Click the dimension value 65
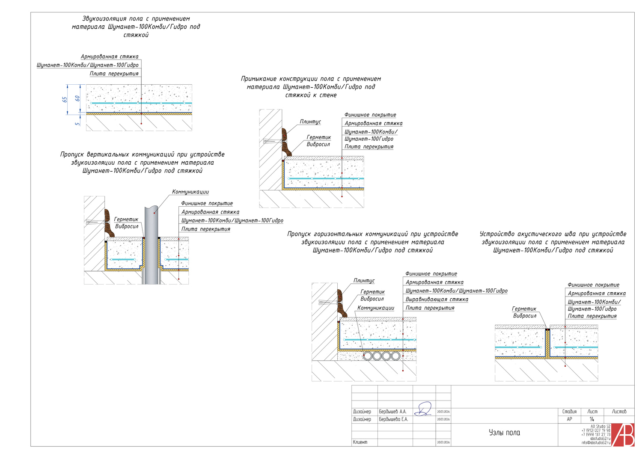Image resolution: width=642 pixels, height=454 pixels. pyautogui.click(x=65, y=99)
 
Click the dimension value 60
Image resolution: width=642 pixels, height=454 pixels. pyautogui.click(x=77, y=98)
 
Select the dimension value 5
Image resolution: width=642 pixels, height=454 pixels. pyautogui.click(x=77, y=124)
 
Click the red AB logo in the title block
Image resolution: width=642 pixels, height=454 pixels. pyautogui.click(x=623, y=435)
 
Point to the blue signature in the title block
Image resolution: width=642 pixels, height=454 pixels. pyautogui.click(x=424, y=409)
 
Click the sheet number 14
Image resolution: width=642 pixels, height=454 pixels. pyautogui.click(x=591, y=419)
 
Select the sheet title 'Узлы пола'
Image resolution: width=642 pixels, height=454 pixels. pyautogui.click(x=504, y=433)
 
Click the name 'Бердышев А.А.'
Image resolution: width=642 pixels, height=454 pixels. pyautogui.click(x=392, y=412)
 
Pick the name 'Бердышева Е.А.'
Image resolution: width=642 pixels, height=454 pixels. pyautogui.click(x=393, y=419)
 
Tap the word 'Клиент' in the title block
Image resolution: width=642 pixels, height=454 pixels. pyautogui.click(x=360, y=442)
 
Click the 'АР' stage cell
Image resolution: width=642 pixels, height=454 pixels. pyautogui.click(x=569, y=419)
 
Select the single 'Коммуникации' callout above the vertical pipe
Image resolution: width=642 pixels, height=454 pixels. pyautogui.click(x=190, y=192)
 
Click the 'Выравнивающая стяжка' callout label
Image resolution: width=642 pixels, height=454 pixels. pyautogui.click(x=437, y=300)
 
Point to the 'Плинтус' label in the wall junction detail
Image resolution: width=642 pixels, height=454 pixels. pyautogui.click(x=310, y=122)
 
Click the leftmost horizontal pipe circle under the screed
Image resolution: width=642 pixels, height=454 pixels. pyautogui.click(x=368, y=356)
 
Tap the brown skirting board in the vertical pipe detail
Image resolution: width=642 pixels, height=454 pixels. pyautogui.click(x=109, y=223)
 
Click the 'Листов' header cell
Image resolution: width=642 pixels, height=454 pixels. pyautogui.click(x=619, y=412)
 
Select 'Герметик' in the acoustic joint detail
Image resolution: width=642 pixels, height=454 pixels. pyautogui.click(x=524, y=309)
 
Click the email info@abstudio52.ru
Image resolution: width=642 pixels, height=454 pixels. pyautogui.click(x=596, y=443)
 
